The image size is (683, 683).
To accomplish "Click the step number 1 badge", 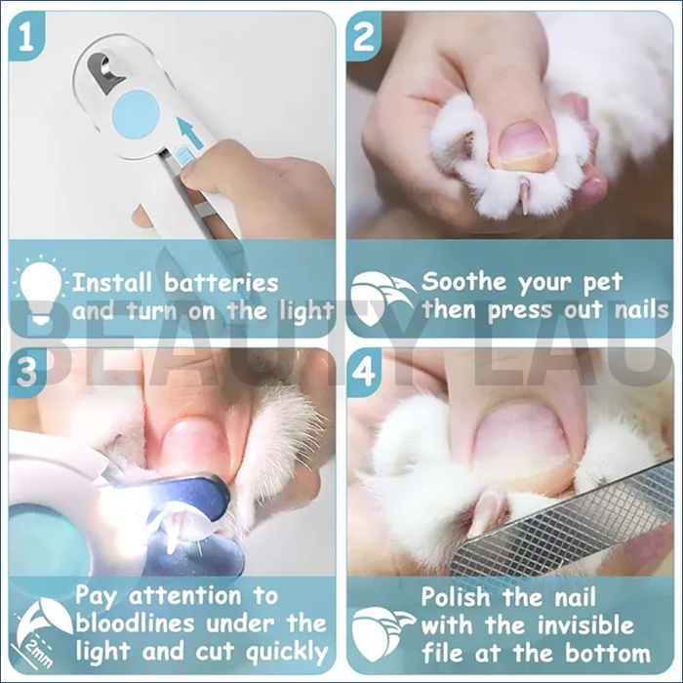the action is click(26, 37).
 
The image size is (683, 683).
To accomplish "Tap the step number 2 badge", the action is click(364, 37).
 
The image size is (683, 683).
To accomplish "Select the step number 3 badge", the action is click(26, 371).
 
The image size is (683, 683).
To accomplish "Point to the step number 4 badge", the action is click(364, 371).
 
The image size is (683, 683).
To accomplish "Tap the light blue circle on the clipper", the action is click(136, 114).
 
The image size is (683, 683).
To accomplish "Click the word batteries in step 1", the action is click(221, 283).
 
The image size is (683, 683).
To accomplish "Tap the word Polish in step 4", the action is click(456, 596).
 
